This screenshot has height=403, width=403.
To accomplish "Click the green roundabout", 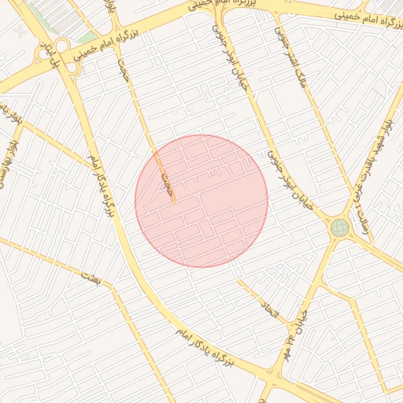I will point(340,227).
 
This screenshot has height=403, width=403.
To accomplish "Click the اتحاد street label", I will point(270,312).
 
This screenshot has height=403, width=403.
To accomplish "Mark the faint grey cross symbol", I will point(19,31).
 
